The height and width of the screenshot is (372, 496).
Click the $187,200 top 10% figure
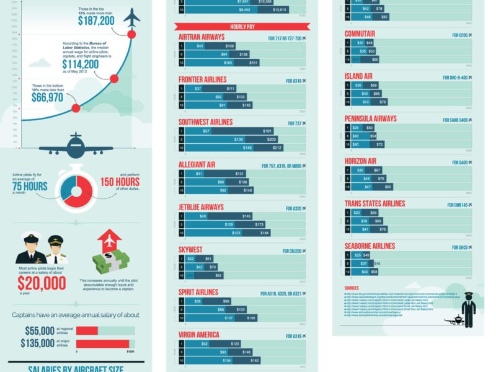96,20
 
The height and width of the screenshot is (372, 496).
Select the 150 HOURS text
120,183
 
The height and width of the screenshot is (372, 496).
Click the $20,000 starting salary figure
42,283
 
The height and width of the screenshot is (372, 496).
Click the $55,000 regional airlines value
40,330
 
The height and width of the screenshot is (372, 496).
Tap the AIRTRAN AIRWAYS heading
201,37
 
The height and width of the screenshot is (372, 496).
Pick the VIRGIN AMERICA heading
199,335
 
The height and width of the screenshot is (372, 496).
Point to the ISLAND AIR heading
358,76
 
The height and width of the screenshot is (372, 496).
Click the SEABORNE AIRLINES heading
370,246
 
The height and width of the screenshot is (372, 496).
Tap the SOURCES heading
352,288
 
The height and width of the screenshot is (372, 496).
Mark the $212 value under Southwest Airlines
277,148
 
